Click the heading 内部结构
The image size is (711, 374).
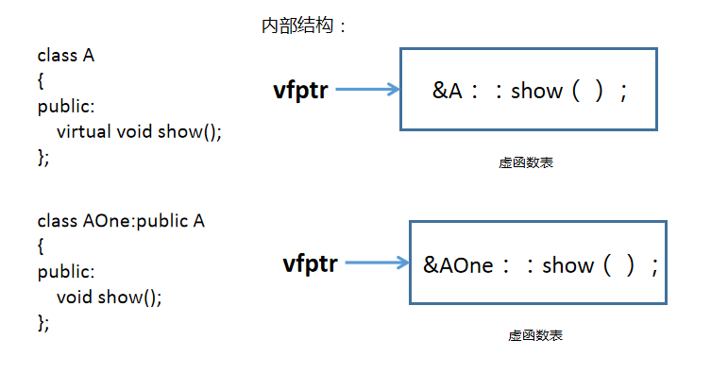(x=304, y=26)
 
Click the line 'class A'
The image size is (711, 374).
(x=66, y=55)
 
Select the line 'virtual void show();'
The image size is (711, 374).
(x=139, y=131)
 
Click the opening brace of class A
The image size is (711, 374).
(x=42, y=81)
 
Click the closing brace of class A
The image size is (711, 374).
(x=43, y=157)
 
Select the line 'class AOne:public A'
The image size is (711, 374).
(x=121, y=221)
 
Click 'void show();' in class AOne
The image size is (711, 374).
(x=110, y=297)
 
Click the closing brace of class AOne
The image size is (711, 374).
(x=43, y=323)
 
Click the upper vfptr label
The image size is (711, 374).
(x=300, y=92)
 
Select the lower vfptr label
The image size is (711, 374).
(x=311, y=263)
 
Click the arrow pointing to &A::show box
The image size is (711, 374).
(x=368, y=91)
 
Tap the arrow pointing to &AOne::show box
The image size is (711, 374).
(x=378, y=263)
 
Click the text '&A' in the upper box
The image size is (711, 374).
(x=447, y=92)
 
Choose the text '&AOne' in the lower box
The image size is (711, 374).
(x=458, y=265)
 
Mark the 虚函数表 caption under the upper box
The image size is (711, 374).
(x=526, y=162)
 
